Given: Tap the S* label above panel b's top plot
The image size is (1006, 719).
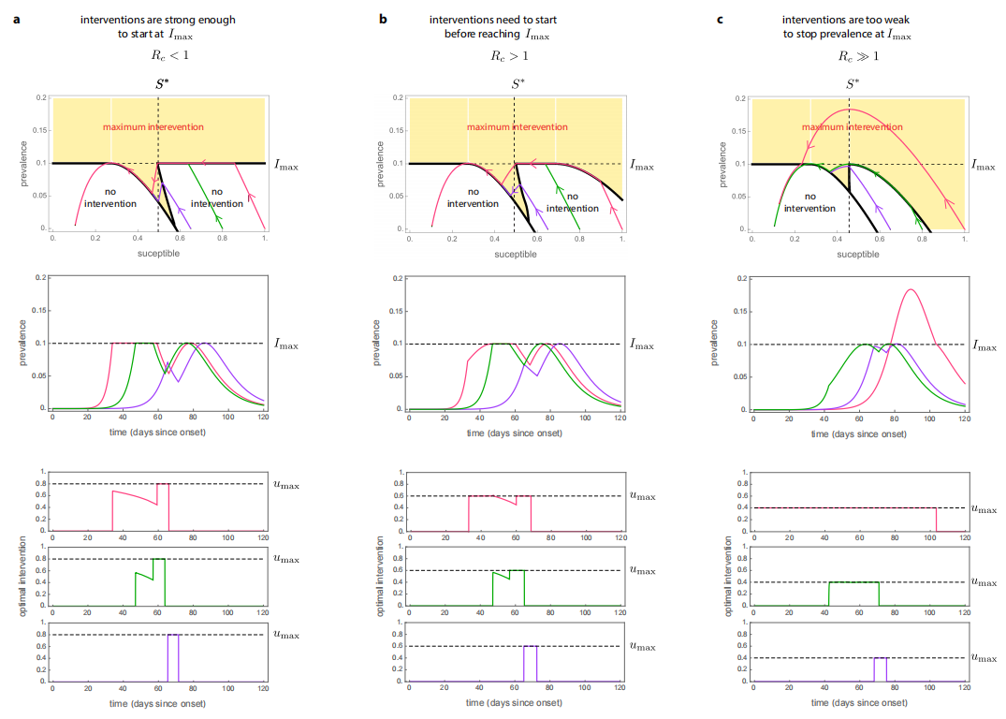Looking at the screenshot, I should click(516, 83).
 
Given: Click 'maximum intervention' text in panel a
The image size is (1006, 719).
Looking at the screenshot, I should click(153, 127).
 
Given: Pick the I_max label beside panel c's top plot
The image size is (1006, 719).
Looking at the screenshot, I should click(984, 164).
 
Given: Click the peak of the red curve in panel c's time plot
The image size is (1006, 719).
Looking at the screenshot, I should click(910, 290).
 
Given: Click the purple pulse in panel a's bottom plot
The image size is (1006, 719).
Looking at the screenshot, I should click(173, 655).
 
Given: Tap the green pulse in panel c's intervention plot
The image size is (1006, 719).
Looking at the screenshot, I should click(853, 592).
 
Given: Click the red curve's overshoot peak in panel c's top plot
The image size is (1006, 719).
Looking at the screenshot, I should click(849, 110).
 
